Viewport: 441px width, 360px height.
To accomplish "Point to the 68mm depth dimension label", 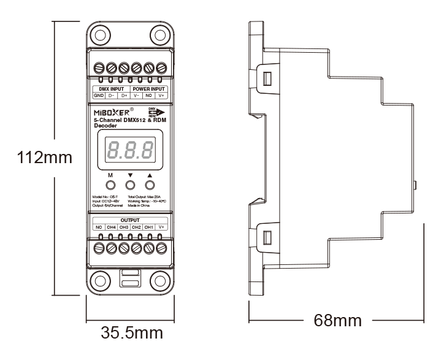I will [x=337, y=320].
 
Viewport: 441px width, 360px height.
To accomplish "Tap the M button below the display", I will [x=111, y=185].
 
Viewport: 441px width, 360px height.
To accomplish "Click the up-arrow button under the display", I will [x=149, y=185].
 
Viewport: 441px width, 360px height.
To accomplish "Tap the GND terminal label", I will [x=98, y=96].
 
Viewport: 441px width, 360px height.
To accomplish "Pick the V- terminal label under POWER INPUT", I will [x=136, y=96].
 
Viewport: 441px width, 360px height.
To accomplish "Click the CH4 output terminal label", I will [x=111, y=227].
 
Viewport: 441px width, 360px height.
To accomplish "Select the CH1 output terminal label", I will [x=149, y=227].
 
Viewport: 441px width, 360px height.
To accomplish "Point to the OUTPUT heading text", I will [x=130, y=220].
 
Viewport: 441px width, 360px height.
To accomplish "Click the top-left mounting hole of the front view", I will [x=99, y=34].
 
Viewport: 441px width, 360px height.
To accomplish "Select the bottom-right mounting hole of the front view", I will [x=161, y=280].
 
